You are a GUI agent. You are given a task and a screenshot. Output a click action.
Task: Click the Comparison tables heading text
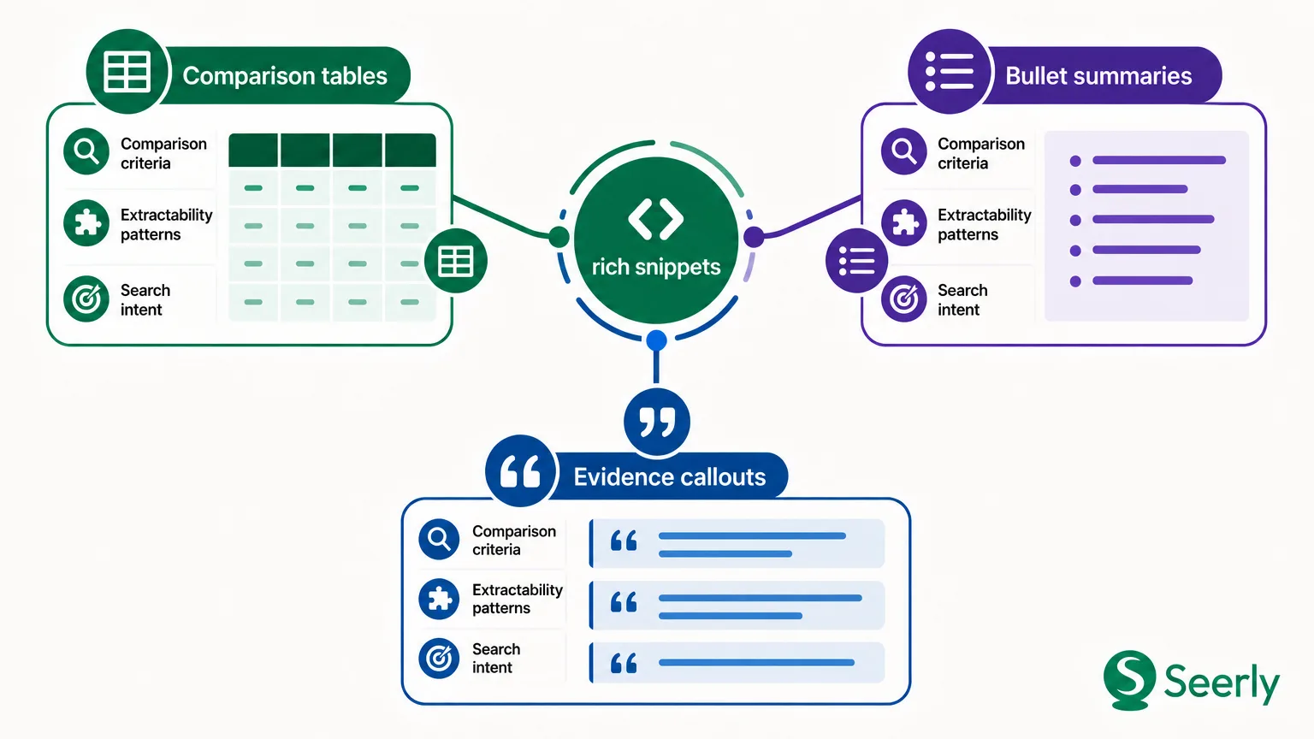point(285,76)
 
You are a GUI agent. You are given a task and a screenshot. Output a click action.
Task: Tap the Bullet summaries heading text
point(1098,76)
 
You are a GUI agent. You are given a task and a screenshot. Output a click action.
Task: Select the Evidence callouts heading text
point(669,477)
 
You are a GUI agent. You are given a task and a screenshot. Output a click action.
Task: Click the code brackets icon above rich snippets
point(656,219)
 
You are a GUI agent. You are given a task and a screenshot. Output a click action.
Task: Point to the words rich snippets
point(656,267)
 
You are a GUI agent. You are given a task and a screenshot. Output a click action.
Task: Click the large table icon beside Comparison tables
point(127,72)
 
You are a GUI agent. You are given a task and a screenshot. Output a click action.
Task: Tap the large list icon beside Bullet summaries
point(949,72)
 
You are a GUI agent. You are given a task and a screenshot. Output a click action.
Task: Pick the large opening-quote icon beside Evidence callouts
point(520,471)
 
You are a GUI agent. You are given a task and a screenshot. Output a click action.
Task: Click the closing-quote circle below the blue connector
point(656,422)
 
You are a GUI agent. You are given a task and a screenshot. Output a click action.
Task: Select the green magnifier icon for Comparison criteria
point(86,151)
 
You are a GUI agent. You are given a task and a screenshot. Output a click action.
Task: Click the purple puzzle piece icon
point(904,223)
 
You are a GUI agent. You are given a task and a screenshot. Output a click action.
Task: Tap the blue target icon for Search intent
point(439,658)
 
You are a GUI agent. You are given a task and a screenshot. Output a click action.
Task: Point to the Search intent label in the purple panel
point(962,299)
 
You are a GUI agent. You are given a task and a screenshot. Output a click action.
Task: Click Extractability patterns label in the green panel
point(167,225)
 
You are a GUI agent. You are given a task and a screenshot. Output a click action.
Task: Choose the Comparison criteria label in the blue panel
point(514,541)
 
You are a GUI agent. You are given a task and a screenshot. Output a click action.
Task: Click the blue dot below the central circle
point(656,340)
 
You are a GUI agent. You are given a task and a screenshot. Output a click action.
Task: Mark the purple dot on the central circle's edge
point(754,237)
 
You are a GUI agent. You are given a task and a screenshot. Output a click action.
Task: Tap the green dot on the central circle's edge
point(559,237)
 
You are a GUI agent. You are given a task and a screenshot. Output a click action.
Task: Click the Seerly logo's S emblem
point(1129,679)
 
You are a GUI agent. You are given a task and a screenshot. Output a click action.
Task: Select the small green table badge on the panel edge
point(456,261)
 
